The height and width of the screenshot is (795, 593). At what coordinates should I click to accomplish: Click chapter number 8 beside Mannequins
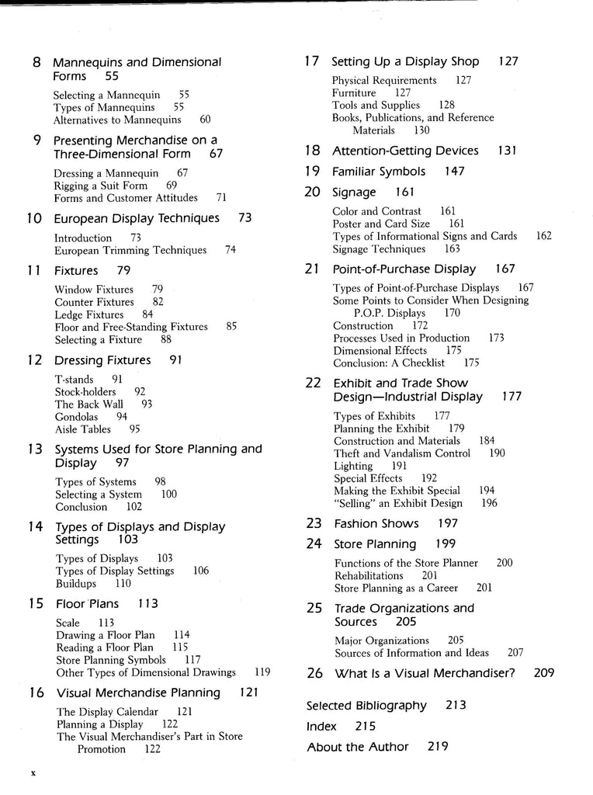point(36,62)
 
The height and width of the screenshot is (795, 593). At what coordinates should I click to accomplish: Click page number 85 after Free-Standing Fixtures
point(231,327)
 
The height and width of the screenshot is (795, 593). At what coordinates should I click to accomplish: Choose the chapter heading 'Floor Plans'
point(87,603)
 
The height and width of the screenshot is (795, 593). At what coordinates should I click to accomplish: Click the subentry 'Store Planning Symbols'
point(111,660)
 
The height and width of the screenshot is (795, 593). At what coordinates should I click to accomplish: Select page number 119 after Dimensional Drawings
point(262,672)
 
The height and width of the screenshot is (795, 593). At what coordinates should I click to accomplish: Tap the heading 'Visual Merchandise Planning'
point(138,693)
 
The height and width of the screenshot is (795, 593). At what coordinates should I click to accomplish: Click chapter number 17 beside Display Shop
point(312,61)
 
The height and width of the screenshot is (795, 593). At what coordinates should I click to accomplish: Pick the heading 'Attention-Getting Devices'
point(405,151)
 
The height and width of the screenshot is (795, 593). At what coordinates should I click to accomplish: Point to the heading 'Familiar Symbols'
point(379,172)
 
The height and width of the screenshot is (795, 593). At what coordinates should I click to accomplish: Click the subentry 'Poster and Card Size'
point(381,224)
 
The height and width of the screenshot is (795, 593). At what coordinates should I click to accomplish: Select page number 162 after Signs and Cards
point(543,236)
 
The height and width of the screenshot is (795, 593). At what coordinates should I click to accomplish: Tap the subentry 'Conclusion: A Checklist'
point(389,363)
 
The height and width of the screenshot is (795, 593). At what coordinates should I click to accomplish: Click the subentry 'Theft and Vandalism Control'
point(402,453)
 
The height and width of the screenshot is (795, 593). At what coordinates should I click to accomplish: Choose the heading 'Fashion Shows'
point(376,524)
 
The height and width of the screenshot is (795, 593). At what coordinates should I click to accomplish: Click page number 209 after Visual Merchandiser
point(544,673)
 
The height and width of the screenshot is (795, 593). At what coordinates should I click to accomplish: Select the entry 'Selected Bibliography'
point(366,706)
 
